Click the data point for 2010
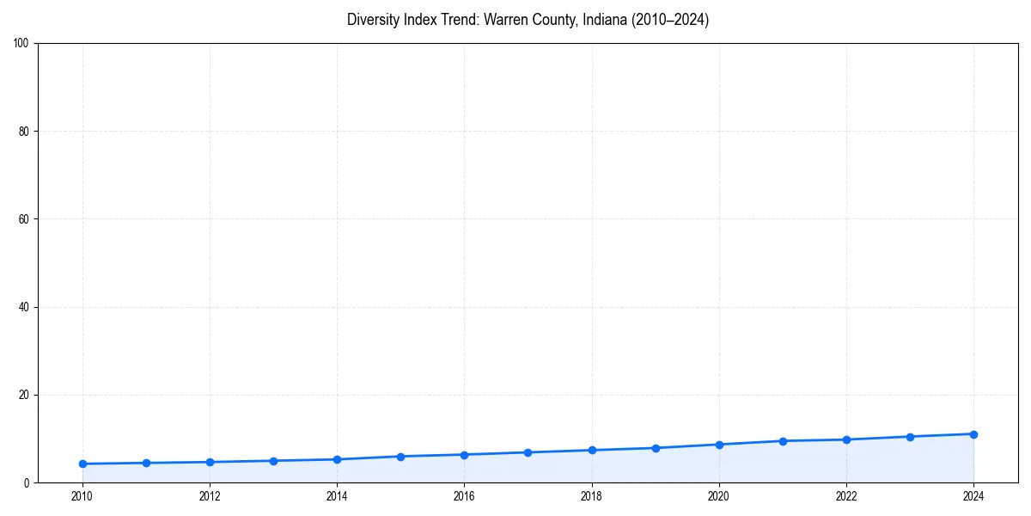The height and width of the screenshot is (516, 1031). [x=82, y=464]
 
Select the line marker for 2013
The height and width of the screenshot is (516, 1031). [x=273, y=461]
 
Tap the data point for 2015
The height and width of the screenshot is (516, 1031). [x=400, y=457]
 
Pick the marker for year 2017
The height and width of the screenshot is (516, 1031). [x=528, y=452]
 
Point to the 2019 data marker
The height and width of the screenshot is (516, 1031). [x=656, y=448]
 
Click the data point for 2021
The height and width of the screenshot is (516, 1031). [x=783, y=441]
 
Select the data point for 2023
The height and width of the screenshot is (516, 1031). [x=910, y=437]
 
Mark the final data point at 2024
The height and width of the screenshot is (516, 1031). [x=973, y=434]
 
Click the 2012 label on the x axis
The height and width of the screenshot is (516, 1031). [x=210, y=496]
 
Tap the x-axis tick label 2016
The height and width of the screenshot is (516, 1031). [x=464, y=496]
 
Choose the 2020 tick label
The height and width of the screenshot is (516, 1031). [x=719, y=496]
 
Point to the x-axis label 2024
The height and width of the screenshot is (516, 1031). [x=973, y=496]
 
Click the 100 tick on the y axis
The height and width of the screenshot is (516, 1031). [x=21, y=44]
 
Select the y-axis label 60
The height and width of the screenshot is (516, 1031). [x=24, y=219]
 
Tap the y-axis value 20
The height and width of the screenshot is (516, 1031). [x=24, y=395]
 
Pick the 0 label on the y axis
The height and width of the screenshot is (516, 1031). [x=27, y=483]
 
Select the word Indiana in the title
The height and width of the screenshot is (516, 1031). [x=602, y=20]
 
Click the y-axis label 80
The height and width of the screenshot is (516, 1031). [x=24, y=132]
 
